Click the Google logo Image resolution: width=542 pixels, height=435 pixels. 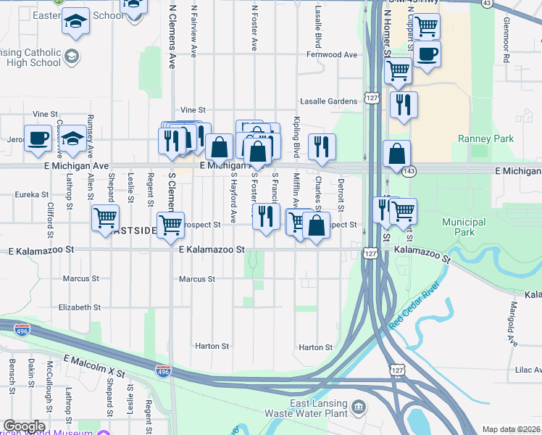pos(24,426)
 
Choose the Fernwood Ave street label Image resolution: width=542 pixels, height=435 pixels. pos(332,54)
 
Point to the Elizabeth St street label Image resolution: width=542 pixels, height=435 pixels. pos(80,307)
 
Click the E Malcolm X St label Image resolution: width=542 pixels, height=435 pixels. pos(94,365)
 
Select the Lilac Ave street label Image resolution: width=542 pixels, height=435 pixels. pos(527,370)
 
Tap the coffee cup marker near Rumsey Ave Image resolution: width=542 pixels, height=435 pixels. pos(38,138)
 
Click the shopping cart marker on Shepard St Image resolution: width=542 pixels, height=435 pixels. pos(106,216)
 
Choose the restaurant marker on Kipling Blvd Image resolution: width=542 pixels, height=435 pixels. pos(322,146)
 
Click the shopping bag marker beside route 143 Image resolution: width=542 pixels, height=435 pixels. pos(396,154)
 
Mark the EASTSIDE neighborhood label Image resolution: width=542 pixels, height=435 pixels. pos(135,230)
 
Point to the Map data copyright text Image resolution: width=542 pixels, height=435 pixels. pos(511,429)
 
